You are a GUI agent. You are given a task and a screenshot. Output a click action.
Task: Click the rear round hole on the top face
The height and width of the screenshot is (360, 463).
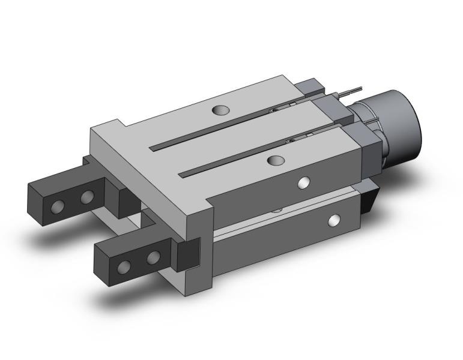click(221, 110)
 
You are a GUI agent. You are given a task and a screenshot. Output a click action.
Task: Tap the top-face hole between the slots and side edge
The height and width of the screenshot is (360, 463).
click(276, 160)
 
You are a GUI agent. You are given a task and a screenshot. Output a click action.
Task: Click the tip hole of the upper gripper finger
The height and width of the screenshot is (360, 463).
click(58, 207)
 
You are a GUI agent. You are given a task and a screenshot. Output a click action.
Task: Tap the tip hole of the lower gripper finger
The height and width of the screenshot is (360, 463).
click(124, 267)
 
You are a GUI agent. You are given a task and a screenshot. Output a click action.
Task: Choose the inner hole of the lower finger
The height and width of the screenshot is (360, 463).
click(154, 258)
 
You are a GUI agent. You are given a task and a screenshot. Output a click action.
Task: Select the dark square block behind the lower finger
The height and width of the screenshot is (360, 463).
click(187, 253)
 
